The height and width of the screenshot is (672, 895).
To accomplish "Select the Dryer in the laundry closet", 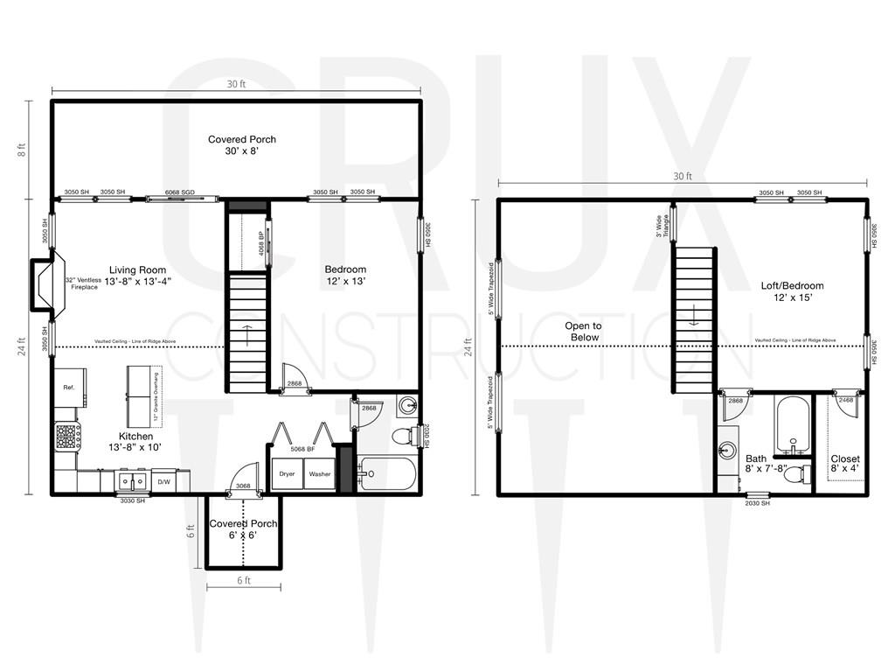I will click(x=287, y=474).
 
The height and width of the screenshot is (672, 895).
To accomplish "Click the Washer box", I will click(x=319, y=474).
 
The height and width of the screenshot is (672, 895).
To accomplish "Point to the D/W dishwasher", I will click(x=163, y=481).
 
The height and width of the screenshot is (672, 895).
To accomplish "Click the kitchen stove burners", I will click(x=67, y=436).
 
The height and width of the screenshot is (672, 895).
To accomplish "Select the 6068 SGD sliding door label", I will click(x=179, y=192).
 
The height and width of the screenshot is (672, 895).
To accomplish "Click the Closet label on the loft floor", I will click(x=844, y=458).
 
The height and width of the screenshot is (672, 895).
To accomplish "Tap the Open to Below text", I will click(x=582, y=331).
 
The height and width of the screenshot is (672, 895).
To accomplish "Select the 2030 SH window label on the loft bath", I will click(x=757, y=503).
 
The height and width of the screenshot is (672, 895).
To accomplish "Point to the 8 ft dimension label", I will click(x=21, y=150).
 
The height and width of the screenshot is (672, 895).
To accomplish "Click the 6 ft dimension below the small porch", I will click(x=243, y=580).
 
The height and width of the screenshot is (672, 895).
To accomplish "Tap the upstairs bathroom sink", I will click(x=727, y=451).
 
